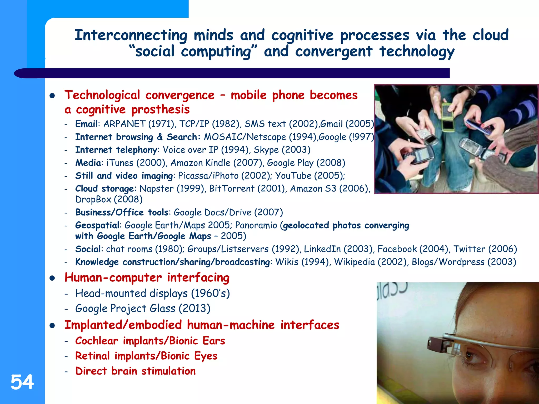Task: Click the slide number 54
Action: [x=22, y=382]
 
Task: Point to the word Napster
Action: [x=156, y=189]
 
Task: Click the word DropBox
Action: [x=93, y=199]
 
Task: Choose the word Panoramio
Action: [x=256, y=225]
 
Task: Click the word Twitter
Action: [x=469, y=249]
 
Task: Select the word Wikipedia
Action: [x=354, y=262]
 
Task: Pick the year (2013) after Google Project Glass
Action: [x=194, y=309]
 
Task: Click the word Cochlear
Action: [x=97, y=341]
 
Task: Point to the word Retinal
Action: [x=92, y=356]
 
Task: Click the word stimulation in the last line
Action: [x=168, y=371]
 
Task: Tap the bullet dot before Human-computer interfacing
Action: [x=52, y=278]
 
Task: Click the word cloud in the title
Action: [x=490, y=35]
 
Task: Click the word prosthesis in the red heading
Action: [x=160, y=109]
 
